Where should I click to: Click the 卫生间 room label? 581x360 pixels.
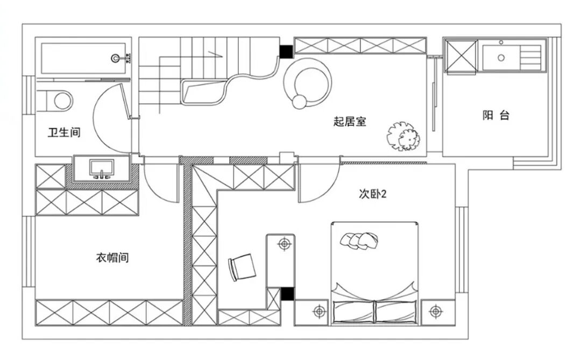click(64, 132)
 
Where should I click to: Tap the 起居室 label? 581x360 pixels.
click(350, 121)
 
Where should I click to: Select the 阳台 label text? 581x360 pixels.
click(496, 115)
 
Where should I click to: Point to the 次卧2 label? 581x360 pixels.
click(372, 194)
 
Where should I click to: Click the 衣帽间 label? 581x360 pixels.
click(112, 257)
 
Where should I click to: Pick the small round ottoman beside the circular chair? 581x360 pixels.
click(300, 102)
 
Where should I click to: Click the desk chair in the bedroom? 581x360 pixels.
click(242, 267)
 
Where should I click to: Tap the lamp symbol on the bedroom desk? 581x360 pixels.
click(285, 244)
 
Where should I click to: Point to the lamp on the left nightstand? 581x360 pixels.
click(320, 312)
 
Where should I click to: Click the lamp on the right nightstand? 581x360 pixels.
click(436, 312)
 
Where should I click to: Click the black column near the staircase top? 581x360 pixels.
click(286, 52)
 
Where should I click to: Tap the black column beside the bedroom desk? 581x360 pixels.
click(287, 294)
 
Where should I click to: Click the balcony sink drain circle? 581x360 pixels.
click(501, 58)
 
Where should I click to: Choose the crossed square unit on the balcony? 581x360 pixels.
click(461, 56)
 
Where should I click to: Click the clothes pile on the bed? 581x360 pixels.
click(359, 241)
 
